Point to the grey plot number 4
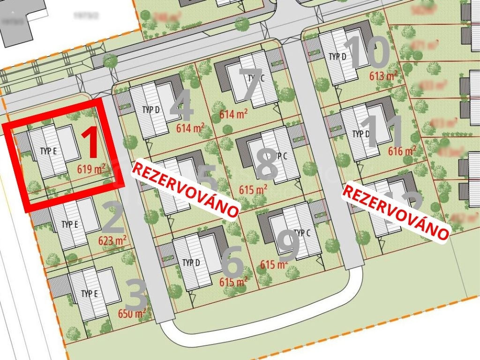click(181, 106)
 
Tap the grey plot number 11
click(383, 132)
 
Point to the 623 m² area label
click(112, 240)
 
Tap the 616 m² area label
click(402, 151)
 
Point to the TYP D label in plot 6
click(192, 262)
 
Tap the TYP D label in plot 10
click(337, 57)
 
